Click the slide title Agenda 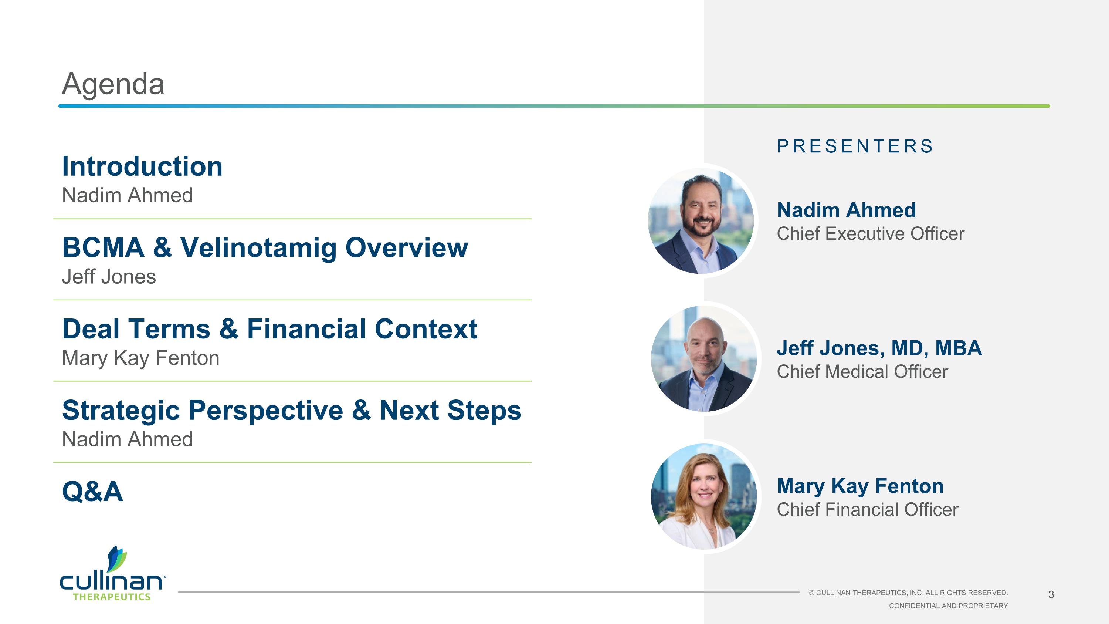tap(113, 84)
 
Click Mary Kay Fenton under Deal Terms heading tap(140, 358)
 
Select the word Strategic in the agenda tap(121, 411)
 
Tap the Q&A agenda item tap(92, 491)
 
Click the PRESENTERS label tap(855, 146)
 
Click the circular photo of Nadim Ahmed tap(701, 221)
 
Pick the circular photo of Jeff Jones tap(703, 359)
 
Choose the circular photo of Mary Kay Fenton tap(703, 496)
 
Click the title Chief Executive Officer tap(870, 234)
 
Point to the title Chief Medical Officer tap(862, 372)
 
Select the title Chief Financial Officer tap(867, 509)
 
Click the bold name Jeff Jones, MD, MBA tap(879, 348)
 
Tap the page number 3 tap(1051, 595)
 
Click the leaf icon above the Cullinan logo tap(116, 559)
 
